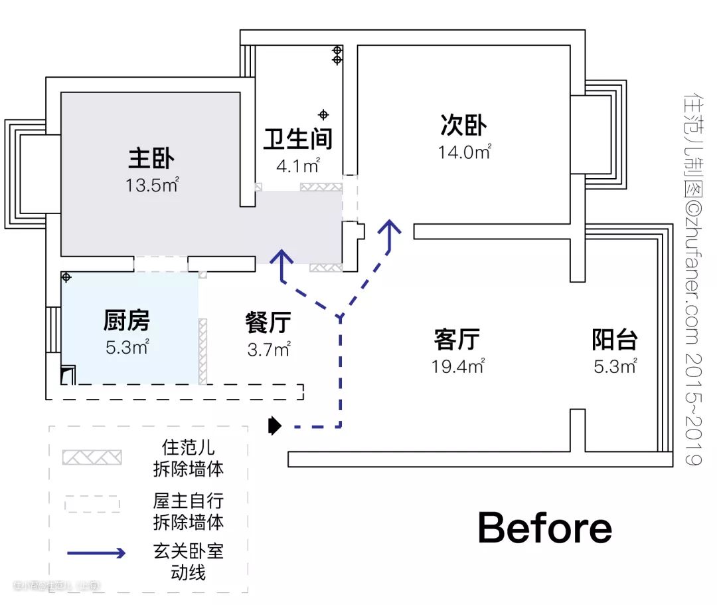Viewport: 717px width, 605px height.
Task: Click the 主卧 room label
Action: tap(151, 159)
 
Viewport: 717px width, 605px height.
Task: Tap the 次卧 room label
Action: tap(463, 125)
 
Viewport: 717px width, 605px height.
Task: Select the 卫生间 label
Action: tap(298, 138)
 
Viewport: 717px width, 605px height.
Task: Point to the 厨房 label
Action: tap(127, 321)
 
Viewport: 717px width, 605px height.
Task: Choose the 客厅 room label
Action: tap(457, 339)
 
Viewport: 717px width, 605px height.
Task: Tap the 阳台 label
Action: tap(615, 340)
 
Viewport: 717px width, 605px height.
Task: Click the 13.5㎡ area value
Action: tap(153, 185)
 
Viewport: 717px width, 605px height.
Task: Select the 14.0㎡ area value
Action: tap(464, 152)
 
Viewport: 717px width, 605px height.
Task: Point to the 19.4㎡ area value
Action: tap(457, 366)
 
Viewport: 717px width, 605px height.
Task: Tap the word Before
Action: tap(544, 529)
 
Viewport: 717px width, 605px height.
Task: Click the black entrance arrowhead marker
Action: tap(274, 425)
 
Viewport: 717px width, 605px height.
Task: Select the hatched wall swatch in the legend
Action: tap(92, 457)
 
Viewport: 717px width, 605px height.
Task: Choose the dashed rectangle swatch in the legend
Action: tap(92, 504)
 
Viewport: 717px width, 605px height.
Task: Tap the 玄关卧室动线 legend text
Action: tap(188, 562)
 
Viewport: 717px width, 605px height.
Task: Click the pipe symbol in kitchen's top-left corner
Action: tap(66, 276)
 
